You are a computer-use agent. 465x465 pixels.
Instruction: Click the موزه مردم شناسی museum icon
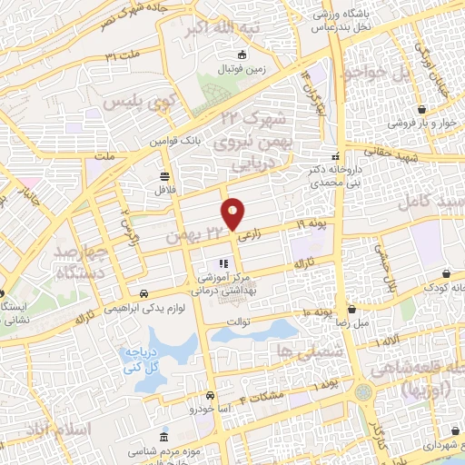[x=163, y=437]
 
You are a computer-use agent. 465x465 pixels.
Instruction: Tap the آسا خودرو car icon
[x=211, y=396]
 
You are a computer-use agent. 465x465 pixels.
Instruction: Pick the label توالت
[x=237, y=321]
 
